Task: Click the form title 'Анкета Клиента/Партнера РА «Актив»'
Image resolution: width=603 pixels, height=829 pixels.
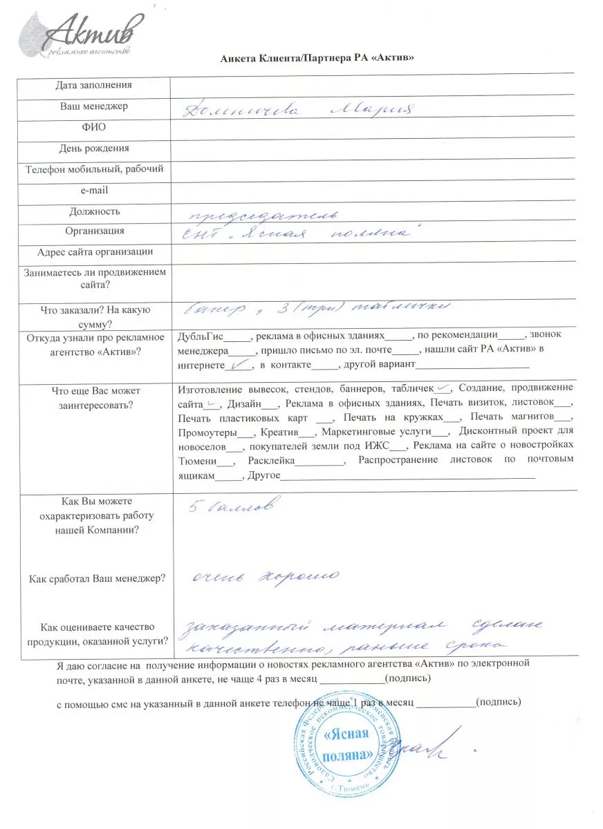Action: [x=317, y=58]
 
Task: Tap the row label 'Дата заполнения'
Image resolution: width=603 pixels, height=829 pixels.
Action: [x=93, y=85]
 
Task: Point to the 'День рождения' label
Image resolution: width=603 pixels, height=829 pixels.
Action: [x=94, y=149]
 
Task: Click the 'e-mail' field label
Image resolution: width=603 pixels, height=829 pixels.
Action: [x=94, y=190]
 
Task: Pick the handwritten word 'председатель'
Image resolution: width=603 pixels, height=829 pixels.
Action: [x=263, y=213]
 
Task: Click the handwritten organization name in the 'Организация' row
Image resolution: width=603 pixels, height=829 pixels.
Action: [x=297, y=235]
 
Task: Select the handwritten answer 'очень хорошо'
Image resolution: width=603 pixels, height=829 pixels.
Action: [x=266, y=577]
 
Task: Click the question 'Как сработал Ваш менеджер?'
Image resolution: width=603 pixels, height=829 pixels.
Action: [x=97, y=578]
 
